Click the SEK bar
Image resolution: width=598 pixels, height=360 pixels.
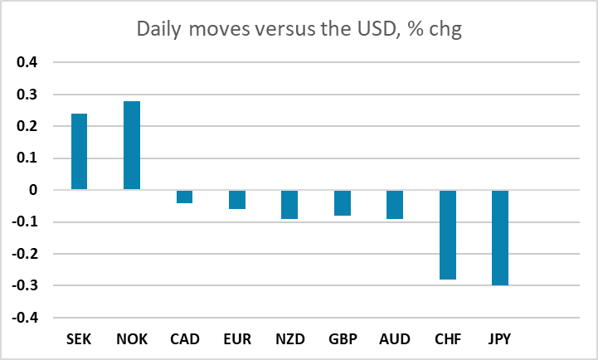point(80,152)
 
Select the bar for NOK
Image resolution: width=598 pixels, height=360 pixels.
point(132,145)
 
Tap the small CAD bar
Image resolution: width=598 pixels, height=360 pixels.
point(185,197)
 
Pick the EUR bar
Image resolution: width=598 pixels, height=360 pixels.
point(237,200)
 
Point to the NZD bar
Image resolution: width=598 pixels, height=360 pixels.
point(289,205)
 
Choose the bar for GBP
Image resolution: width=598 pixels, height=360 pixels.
point(343,203)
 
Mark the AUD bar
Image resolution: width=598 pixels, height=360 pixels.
point(395,205)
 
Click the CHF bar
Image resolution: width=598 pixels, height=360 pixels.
point(448,235)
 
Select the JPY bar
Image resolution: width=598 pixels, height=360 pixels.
point(500,238)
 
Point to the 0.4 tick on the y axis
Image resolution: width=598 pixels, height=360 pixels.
point(27,61)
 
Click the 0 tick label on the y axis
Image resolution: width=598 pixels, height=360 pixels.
point(33,189)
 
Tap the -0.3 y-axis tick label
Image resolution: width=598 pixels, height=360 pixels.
point(25,285)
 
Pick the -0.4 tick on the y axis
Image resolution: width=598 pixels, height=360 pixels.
point(25,318)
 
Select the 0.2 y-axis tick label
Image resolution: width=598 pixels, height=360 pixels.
point(27,126)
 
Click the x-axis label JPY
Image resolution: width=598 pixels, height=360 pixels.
point(499,339)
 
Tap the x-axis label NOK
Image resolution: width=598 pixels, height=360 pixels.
point(132,339)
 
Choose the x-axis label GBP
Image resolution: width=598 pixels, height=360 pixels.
point(343,339)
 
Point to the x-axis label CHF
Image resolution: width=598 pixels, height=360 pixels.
point(448,339)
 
